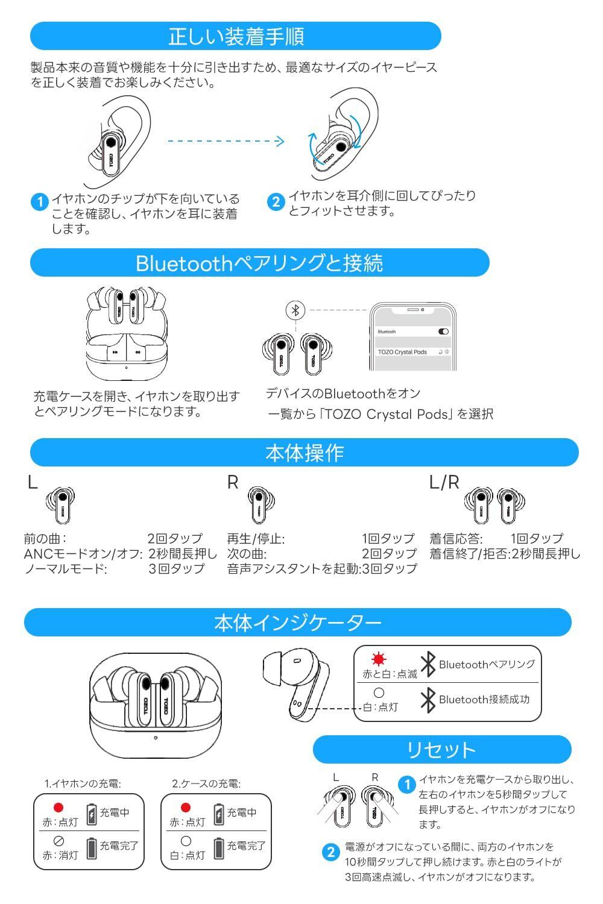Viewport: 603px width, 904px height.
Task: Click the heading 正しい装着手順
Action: pyautogui.click(x=236, y=36)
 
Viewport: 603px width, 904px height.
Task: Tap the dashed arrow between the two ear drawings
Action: pyautogui.click(x=225, y=141)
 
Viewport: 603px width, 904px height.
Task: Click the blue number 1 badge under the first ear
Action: pyautogui.click(x=39, y=202)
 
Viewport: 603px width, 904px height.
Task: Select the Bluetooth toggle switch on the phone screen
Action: pyautogui.click(x=443, y=331)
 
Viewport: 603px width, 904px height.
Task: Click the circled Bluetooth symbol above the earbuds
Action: pyautogui.click(x=295, y=310)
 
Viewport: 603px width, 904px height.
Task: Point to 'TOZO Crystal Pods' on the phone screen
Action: pyautogui.click(x=402, y=352)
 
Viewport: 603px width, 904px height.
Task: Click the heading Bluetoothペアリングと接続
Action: pyautogui.click(x=259, y=263)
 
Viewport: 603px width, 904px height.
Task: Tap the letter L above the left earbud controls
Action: pyautogui.click(x=32, y=482)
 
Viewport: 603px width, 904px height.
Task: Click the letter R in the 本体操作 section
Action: pyautogui.click(x=233, y=482)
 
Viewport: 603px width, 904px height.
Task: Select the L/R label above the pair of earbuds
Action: pyautogui.click(x=444, y=482)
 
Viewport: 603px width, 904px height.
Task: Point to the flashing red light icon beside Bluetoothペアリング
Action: pyautogui.click(x=379, y=659)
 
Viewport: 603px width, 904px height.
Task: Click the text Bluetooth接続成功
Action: pyautogui.click(x=484, y=699)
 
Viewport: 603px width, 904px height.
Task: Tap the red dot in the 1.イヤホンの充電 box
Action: pyautogui.click(x=58, y=808)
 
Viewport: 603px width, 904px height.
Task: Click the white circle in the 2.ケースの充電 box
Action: pyautogui.click(x=186, y=840)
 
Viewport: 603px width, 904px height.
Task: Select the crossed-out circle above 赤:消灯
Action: pyautogui.click(x=58, y=841)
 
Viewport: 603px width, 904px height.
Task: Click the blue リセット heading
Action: pyautogui.click(x=441, y=750)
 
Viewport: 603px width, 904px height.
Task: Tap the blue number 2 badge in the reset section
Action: pyautogui.click(x=330, y=852)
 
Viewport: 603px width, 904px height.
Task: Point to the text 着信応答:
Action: pyautogui.click(x=456, y=538)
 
